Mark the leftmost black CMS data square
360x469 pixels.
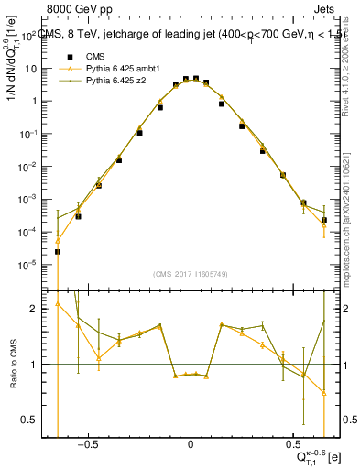click(x=58, y=252)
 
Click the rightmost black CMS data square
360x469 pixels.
click(x=324, y=220)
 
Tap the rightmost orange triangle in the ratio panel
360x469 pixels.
click(x=324, y=393)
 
